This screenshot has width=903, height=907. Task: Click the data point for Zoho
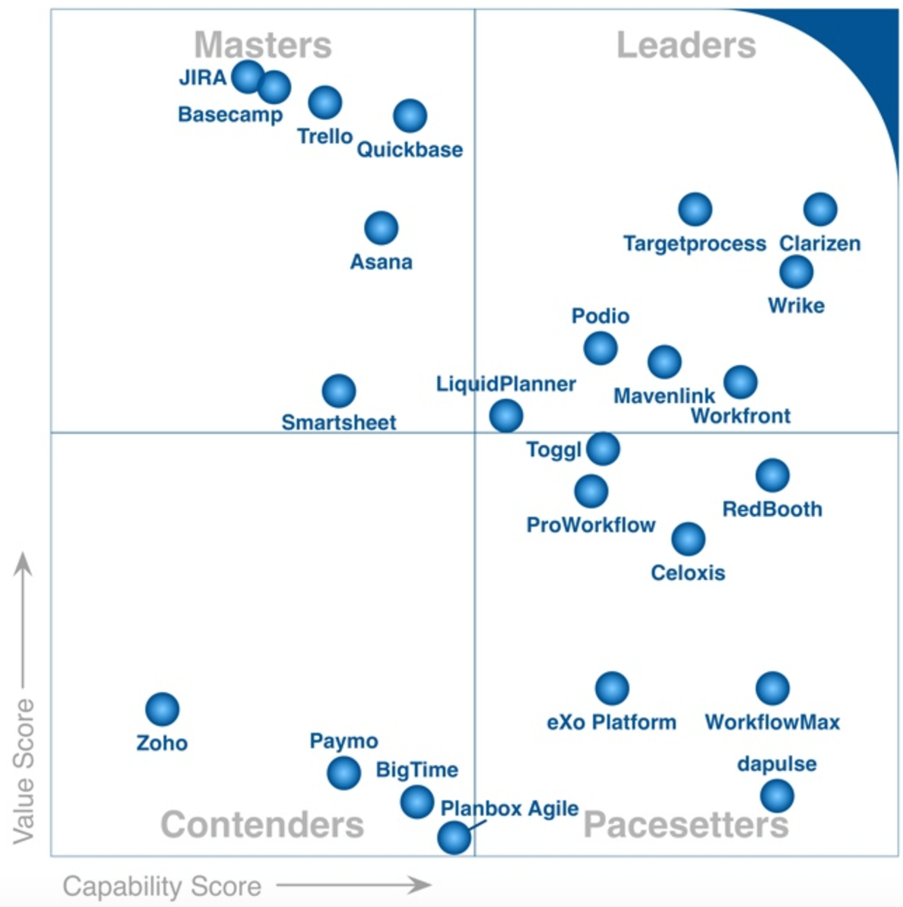tap(162, 709)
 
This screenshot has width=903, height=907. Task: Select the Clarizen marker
tap(820, 209)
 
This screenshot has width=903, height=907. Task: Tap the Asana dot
tap(381, 227)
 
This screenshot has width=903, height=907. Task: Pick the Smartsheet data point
tap(339, 391)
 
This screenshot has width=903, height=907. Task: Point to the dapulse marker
tap(777, 796)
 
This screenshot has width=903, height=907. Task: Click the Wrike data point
tap(796, 271)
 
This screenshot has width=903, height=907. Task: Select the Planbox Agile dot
tap(454, 838)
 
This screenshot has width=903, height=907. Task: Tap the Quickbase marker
tap(410, 116)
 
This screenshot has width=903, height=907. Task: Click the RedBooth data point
tap(772, 475)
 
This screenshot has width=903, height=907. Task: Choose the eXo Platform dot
tap(612, 688)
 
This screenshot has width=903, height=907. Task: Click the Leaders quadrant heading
tap(686, 46)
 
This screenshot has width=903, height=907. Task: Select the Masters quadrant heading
tap(263, 46)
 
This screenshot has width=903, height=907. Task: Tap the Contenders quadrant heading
tap(262, 825)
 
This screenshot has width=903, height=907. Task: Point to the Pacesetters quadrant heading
tap(686, 825)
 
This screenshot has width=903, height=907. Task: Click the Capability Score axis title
tap(162, 886)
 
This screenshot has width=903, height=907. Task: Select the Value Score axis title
tap(24, 771)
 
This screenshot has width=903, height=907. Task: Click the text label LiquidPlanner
tap(505, 384)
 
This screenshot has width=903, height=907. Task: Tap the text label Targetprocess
tap(695, 244)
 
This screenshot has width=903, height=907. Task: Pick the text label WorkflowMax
tap(772, 722)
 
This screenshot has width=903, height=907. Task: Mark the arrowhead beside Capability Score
tap(420, 884)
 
